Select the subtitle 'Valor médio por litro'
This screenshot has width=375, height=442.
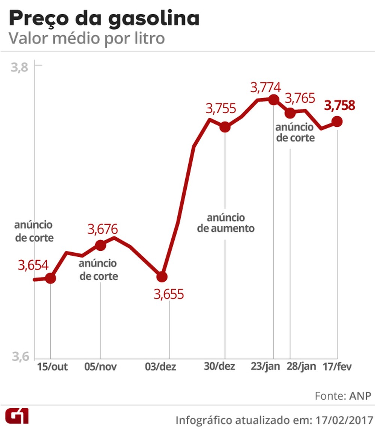tap(87, 39)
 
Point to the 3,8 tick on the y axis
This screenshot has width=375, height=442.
tap(19, 67)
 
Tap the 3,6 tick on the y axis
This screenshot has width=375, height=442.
tap(19, 357)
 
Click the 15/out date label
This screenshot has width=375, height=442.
tap(52, 367)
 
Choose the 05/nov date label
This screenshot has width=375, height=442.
tap(100, 367)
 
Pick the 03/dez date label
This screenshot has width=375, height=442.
tap(161, 367)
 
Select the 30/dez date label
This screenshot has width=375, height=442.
tap(219, 366)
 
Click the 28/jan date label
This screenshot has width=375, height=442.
tap(301, 366)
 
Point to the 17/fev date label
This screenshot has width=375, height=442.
tap(337, 366)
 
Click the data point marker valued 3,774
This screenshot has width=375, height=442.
tap(273, 100)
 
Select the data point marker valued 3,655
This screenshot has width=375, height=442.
tap(162, 277)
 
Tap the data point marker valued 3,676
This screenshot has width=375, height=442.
tap(100, 246)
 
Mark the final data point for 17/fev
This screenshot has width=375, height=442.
tap(337, 121)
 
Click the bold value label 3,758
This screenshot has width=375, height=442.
tap(339, 106)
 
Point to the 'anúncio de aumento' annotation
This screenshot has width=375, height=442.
tap(226, 223)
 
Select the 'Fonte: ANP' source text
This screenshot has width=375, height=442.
tap(343, 396)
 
